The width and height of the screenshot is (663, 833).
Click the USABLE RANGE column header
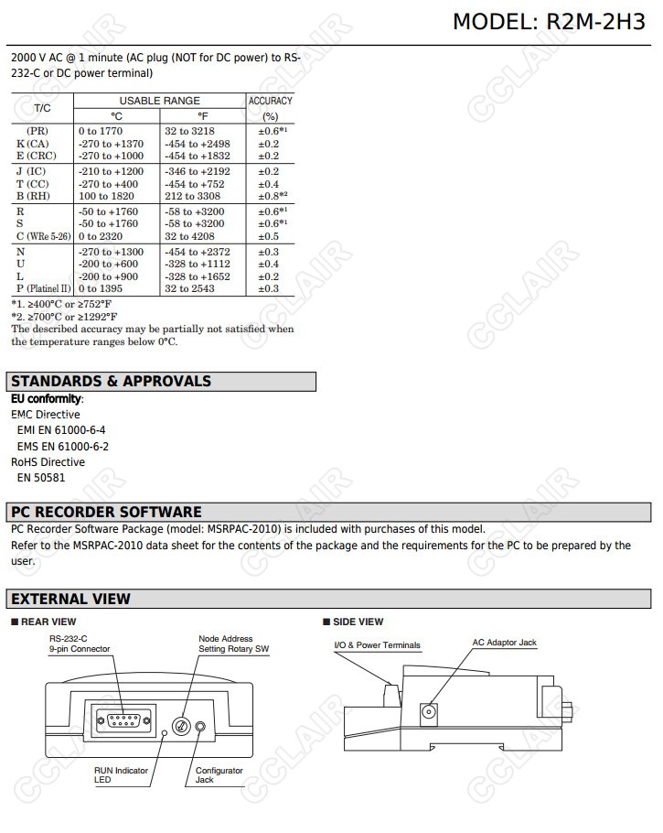click(159, 101)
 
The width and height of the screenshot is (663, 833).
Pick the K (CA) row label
click(35, 144)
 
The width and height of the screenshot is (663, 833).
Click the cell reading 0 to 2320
click(100, 236)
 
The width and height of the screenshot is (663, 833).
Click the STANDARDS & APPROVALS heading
click(111, 382)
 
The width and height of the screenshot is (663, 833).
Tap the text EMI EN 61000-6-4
click(61, 430)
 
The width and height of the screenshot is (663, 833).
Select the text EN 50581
click(41, 477)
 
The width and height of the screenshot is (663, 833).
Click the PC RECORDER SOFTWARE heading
click(106, 513)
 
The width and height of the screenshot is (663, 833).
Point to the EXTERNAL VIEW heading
click(70, 600)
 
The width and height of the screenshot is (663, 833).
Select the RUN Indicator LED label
click(121, 775)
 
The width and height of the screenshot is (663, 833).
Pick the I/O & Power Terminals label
click(377, 645)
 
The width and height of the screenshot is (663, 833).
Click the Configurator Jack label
click(219, 775)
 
